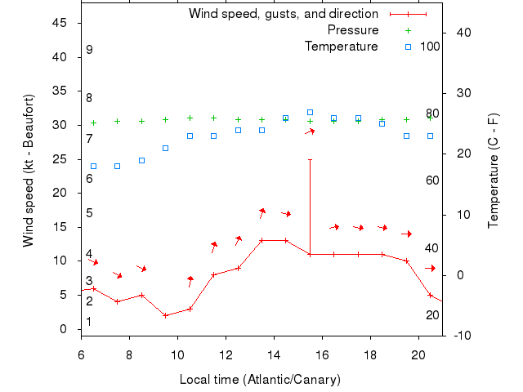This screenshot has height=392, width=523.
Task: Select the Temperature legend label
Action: point(341,47)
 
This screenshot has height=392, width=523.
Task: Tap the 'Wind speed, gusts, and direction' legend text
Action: point(283,14)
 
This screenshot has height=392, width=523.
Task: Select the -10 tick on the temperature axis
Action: point(460,336)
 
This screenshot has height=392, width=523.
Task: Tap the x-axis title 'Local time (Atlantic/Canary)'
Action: point(260,380)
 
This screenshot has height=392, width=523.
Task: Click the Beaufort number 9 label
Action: point(89,50)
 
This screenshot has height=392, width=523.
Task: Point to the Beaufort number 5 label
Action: point(89,213)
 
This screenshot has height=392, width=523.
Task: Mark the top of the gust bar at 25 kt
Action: point(310,159)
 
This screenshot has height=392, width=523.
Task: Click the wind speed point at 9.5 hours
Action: point(166,315)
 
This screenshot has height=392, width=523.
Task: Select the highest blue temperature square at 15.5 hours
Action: point(310,112)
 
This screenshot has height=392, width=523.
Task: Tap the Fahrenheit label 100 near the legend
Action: point(431,47)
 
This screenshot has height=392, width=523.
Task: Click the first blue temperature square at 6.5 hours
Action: point(93,166)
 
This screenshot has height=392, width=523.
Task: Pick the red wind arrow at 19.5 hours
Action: point(406,234)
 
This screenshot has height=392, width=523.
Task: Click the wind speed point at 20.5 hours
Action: point(430,295)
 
